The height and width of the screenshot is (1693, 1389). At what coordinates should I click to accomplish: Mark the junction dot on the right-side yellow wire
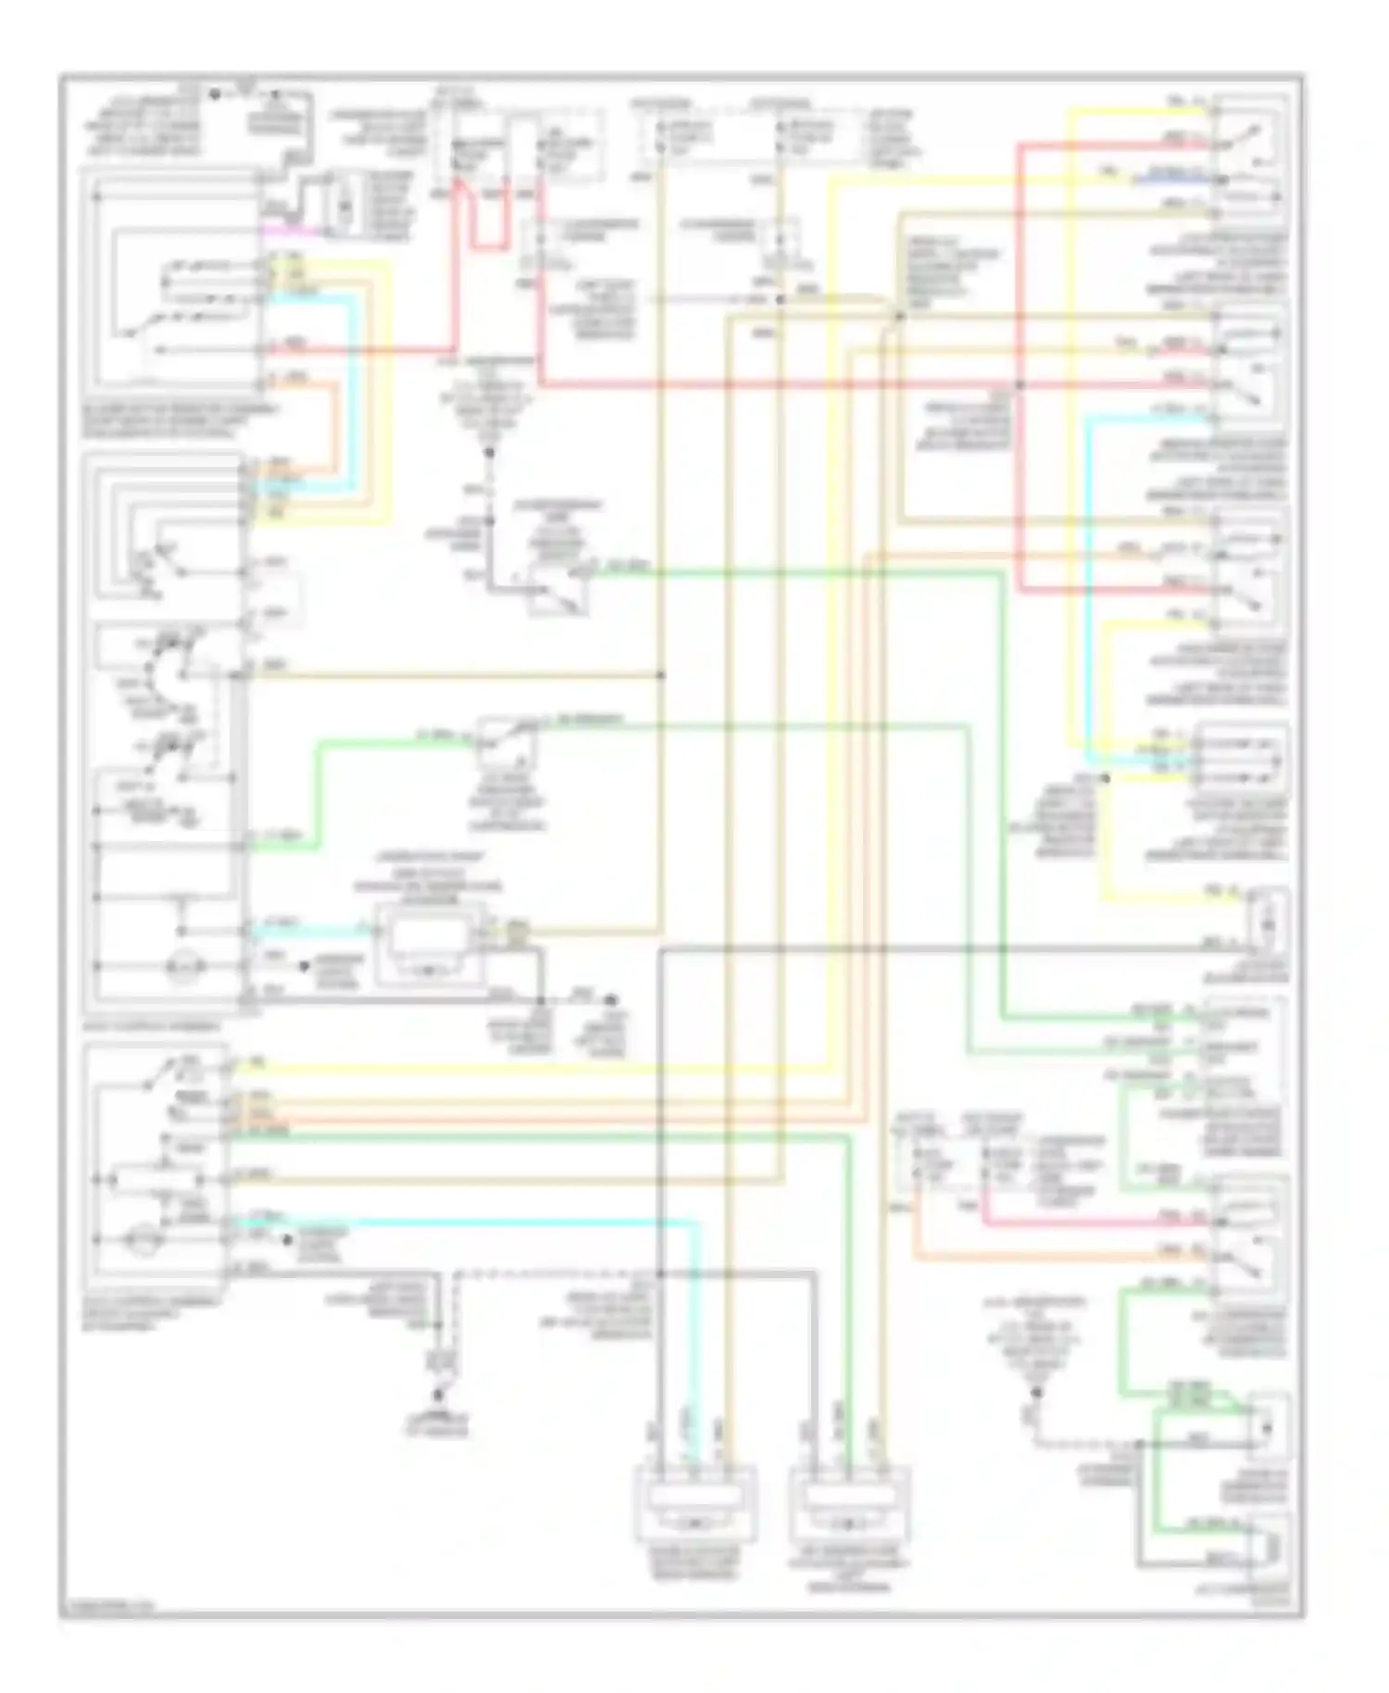pyautogui.click(x=1105, y=779)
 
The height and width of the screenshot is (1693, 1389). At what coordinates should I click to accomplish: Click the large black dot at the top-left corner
pyautogui.click(x=215, y=94)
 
